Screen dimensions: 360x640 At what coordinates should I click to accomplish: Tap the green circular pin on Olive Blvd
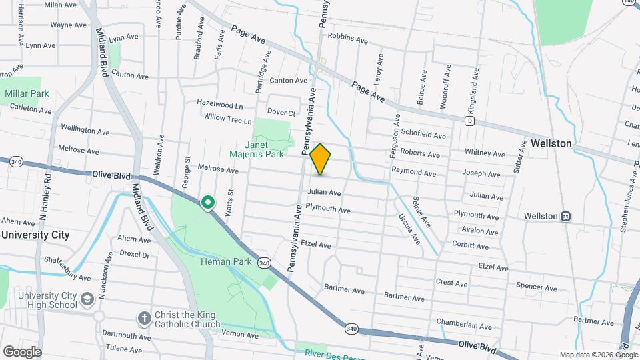(x=208, y=201)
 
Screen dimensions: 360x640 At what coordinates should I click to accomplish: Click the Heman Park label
(x=226, y=261)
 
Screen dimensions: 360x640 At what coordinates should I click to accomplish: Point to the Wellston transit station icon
(x=565, y=216)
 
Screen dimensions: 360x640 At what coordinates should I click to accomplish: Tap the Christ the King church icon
(x=143, y=319)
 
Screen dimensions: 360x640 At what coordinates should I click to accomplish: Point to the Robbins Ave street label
(x=348, y=41)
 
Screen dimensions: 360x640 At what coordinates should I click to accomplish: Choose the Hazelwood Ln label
(x=219, y=105)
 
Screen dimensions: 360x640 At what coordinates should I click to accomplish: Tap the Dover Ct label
(x=281, y=111)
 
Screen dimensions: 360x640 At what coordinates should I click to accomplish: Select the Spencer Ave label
(x=537, y=288)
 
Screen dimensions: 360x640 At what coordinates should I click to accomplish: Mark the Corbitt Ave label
(x=471, y=246)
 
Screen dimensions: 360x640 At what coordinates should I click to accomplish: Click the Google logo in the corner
(x=22, y=351)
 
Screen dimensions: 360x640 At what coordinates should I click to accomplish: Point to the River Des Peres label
(x=331, y=353)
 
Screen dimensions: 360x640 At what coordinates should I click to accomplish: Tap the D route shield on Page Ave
(x=469, y=121)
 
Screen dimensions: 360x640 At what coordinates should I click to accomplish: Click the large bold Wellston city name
(x=551, y=143)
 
